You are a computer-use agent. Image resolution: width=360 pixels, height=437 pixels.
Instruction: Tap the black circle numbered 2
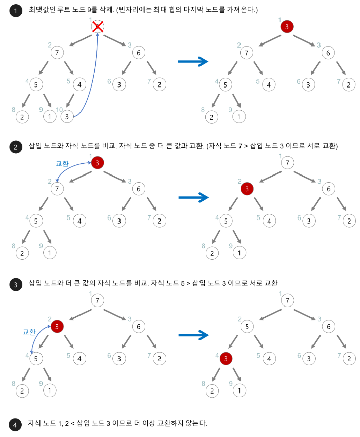click(x=16, y=147)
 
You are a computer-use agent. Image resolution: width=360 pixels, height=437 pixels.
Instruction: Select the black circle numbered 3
click(x=16, y=285)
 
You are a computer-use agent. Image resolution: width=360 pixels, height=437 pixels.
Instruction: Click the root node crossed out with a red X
click(x=98, y=27)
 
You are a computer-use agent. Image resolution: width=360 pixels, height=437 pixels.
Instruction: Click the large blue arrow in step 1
click(x=193, y=62)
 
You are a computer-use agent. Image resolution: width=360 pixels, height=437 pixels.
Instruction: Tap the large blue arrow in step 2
click(x=193, y=197)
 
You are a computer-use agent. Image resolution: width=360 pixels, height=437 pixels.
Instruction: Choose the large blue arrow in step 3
click(x=193, y=334)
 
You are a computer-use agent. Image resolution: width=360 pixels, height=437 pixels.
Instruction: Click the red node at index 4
click(x=226, y=359)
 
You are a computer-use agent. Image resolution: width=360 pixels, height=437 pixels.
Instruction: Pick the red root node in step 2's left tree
click(x=98, y=163)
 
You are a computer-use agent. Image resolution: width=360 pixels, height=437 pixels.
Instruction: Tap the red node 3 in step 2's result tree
click(x=246, y=189)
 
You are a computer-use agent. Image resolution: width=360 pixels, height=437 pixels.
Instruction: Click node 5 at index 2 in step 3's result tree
click(x=246, y=326)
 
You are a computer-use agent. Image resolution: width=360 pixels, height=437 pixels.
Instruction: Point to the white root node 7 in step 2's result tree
click(x=287, y=163)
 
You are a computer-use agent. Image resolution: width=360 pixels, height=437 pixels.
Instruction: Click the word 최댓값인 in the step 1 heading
click(x=42, y=10)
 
